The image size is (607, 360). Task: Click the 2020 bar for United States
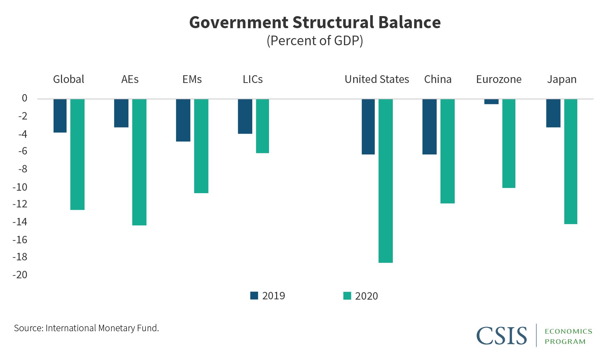(385, 181)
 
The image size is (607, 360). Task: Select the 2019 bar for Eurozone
(491, 102)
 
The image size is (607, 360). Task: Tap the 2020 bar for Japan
(570, 161)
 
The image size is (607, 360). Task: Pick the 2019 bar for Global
(60, 116)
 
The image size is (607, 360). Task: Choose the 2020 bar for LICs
(262, 126)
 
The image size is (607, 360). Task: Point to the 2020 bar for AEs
(139, 162)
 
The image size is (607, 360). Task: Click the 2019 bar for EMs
(183, 120)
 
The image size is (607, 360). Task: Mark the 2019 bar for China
(429, 127)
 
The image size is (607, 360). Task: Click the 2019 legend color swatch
(254, 296)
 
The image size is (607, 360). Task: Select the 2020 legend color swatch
(347, 296)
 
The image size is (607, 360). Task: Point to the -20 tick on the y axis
(20, 275)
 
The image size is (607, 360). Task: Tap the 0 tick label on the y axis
(24, 98)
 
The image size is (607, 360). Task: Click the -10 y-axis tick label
(20, 187)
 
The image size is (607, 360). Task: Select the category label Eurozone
(499, 79)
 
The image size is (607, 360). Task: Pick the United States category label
(377, 79)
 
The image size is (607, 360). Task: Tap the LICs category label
(253, 79)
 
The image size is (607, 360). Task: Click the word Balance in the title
(409, 22)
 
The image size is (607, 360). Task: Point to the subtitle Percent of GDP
(315, 41)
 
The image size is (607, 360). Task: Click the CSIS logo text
(501, 336)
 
